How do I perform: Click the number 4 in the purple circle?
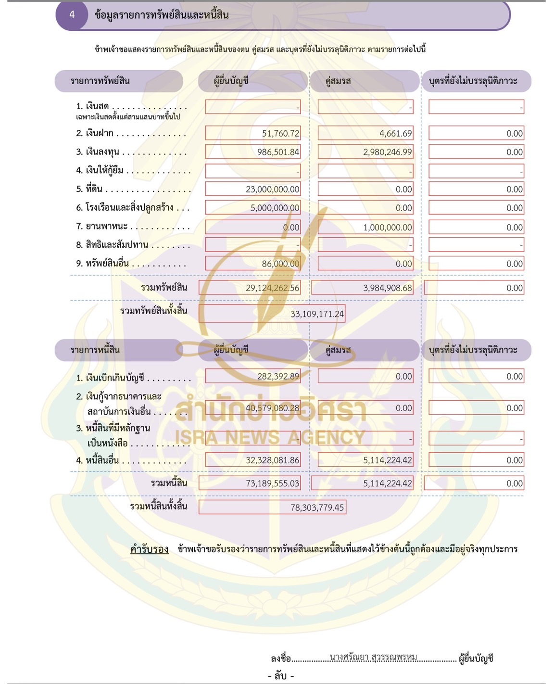click(72, 15)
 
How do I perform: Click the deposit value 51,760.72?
click(280, 134)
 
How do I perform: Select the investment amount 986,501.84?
click(278, 152)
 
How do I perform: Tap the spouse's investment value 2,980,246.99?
click(387, 152)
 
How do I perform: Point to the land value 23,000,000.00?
click(272, 190)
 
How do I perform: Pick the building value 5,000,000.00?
click(275, 208)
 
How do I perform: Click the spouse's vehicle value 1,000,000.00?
click(387, 228)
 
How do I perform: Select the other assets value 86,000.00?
click(280, 264)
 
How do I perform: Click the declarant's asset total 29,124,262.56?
click(272, 288)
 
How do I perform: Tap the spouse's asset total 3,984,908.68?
click(387, 288)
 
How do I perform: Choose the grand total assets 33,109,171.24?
click(317, 314)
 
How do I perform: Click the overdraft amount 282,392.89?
click(278, 377)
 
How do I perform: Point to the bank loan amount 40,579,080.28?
click(272, 408)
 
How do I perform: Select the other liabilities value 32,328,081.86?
click(272, 460)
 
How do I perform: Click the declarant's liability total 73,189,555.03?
click(272, 483)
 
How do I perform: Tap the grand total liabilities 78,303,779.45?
click(317, 507)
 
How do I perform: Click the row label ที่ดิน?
click(94, 189)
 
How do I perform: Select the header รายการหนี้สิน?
click(95, 350)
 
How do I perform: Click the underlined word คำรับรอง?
click(149, 549)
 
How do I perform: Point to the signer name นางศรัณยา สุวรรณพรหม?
click(373, 657)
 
